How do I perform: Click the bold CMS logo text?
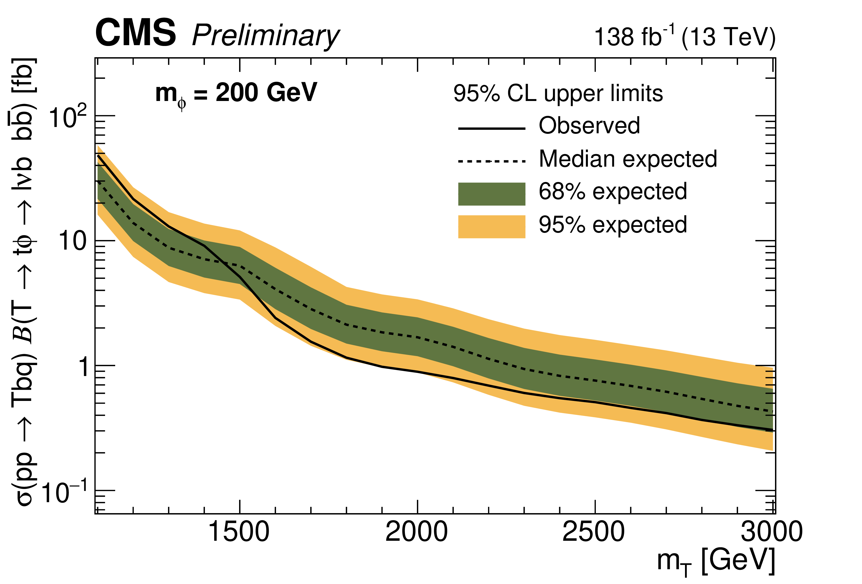(x=135, y=33)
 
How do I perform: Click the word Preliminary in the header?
(x=266, y=36)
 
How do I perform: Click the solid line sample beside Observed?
(x=492, y=128)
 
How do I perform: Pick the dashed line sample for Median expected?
(x=492, y=161)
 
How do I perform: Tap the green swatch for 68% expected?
(x=492, y=194)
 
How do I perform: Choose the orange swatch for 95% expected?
(x=492, y=226)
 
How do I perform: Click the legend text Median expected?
(x=628, y=159)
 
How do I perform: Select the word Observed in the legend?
(x=589, y=125)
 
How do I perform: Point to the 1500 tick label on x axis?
(x=239, y=532)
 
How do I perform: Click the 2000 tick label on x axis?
(x=417, y=532)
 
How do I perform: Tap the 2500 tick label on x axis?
(x=594, y=532)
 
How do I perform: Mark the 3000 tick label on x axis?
(x=771, y=532)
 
